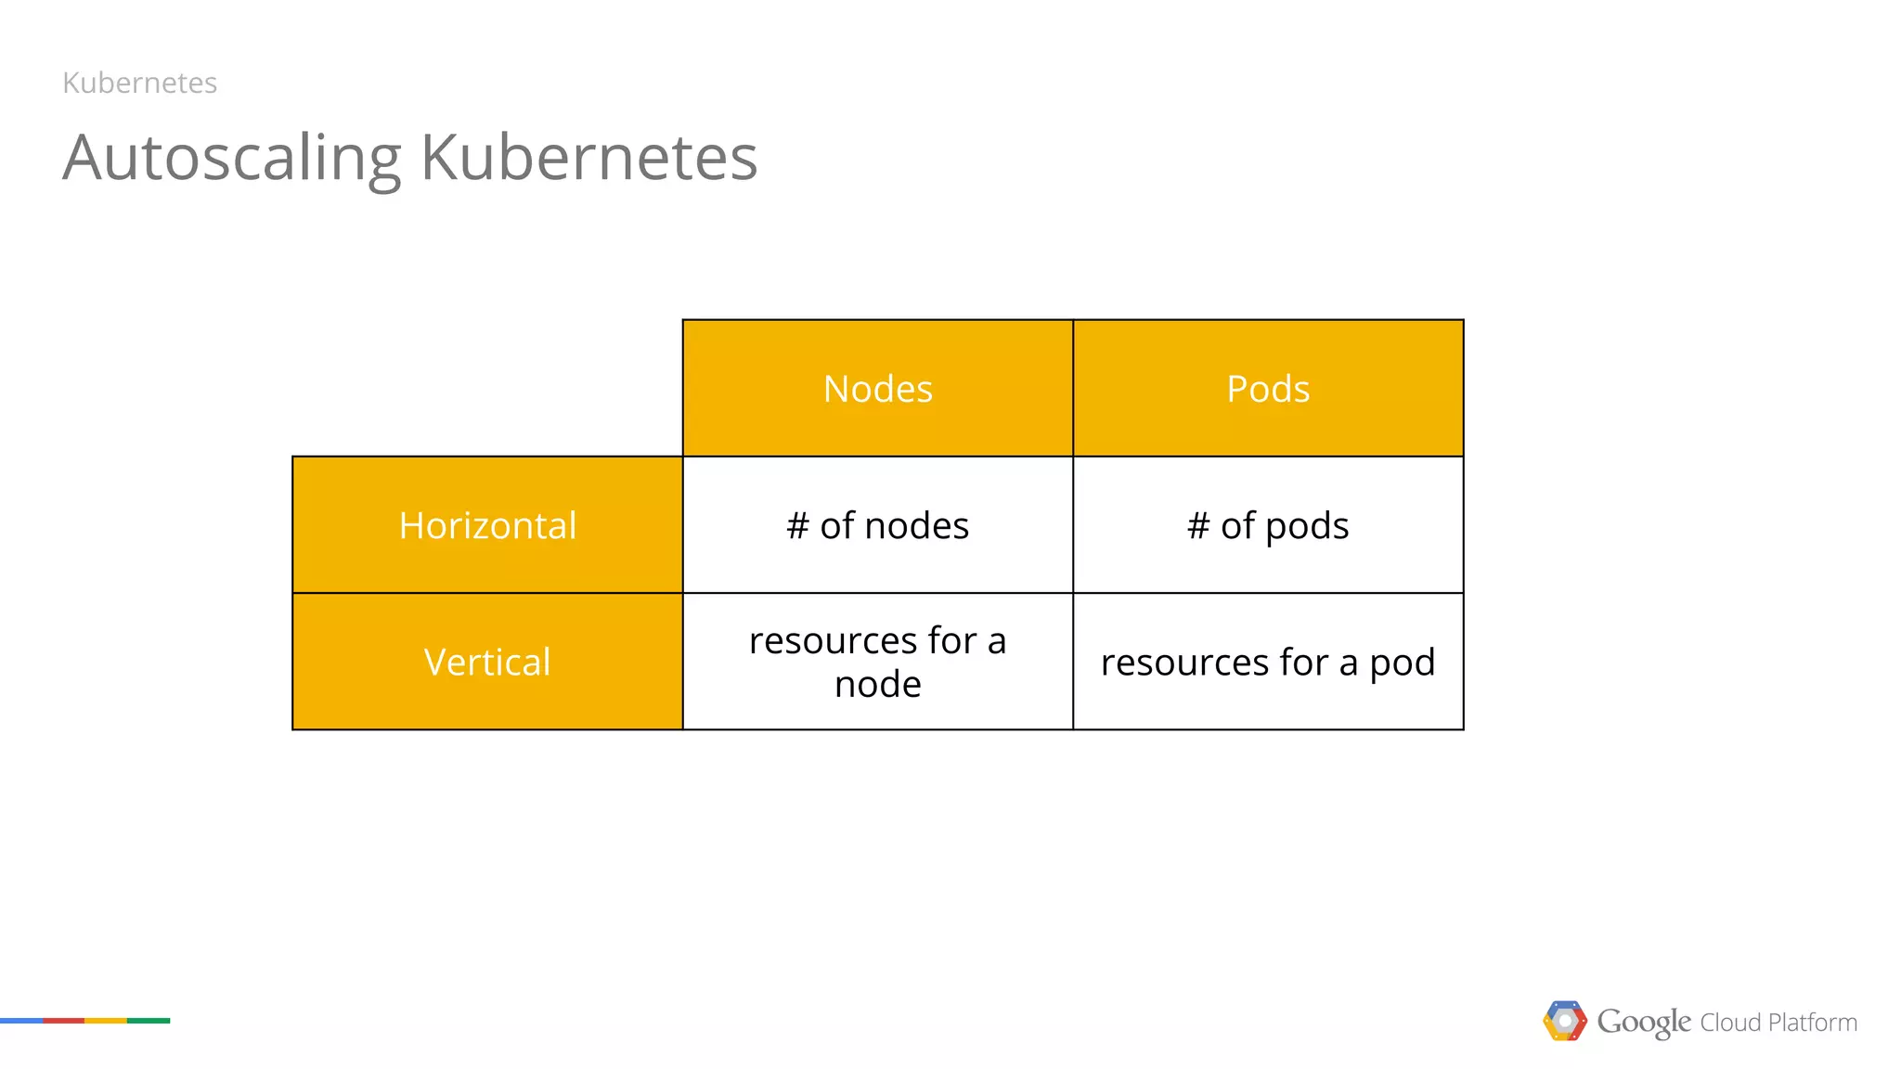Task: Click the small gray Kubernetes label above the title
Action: (139, 83)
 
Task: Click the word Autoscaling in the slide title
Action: (232, 158)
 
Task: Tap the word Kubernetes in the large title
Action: (588, 158)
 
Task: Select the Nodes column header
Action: (877, 389)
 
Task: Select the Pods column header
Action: (1268, 389)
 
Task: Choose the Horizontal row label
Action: (487, 525)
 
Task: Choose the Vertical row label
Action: (487, 662)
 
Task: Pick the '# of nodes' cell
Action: (877, 525)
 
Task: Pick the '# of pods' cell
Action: (1268, 525)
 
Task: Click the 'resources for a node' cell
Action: (877, 662)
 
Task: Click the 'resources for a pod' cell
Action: (1268, 662)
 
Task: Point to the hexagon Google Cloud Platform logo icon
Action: (1565, 1021)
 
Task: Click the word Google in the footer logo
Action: (1644, 1022)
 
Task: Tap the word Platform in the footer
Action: (1813, 1023)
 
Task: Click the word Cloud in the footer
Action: (1730, 1023)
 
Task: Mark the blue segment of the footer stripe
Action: (21, 1021)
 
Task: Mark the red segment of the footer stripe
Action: (64, 1021)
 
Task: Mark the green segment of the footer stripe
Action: (149, 1021)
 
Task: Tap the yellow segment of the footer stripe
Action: (106, 1021)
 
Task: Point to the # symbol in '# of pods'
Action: (1198, 525)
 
